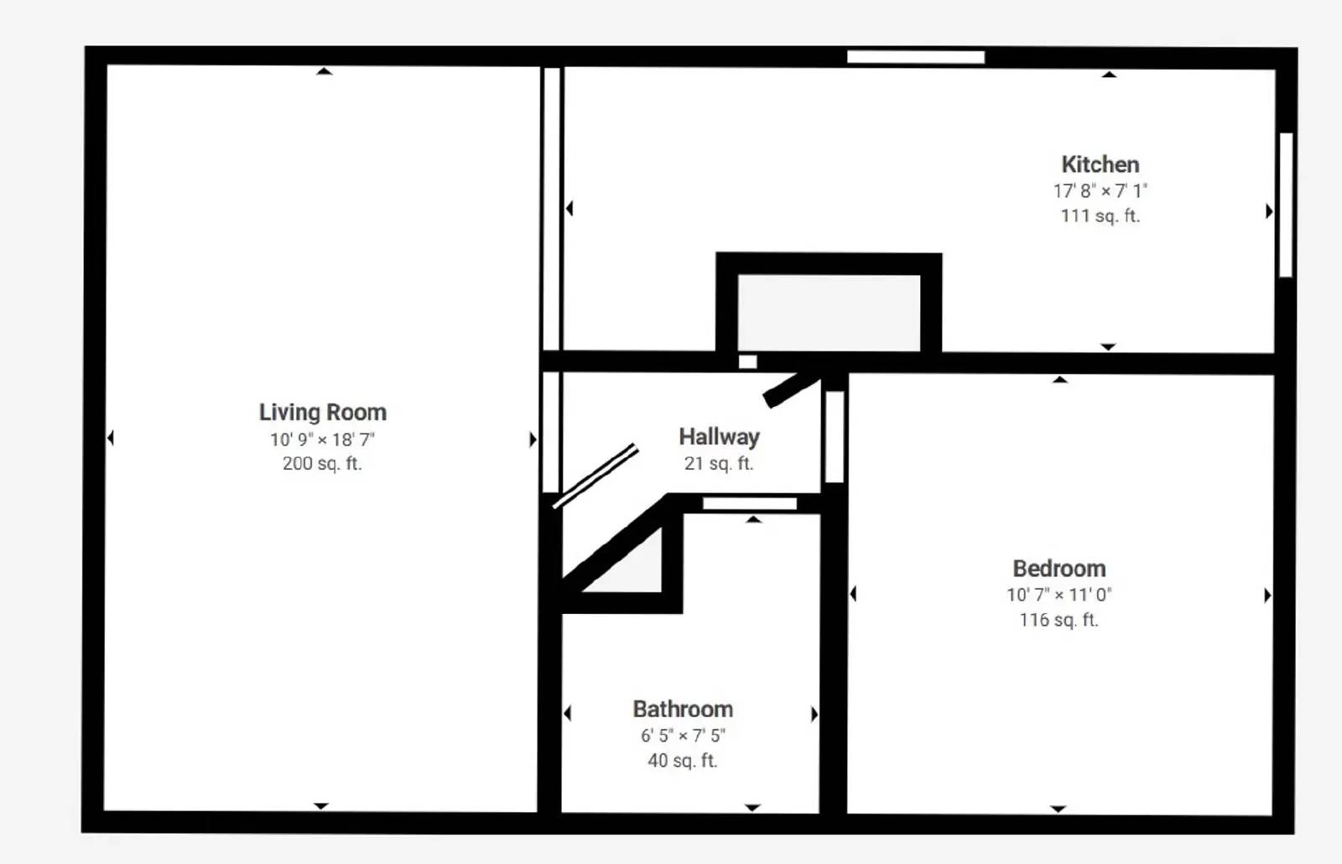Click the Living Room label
click(322, 412)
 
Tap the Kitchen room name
click(1100, 164)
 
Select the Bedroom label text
click(1059, 568)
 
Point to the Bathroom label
click(683, 709)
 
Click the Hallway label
click(719, 437)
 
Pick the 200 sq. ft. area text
click(322, 463)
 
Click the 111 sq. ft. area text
click(1100, 216)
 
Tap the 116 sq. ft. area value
click(1059, 620)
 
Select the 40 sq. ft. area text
click(683, 760)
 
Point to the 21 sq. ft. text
click(719, 463)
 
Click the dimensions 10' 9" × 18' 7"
click(322, 440)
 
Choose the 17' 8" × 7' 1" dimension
click(1100, 190)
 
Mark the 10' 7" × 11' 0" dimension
click(1059, 595)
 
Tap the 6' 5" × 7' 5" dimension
click(683, 735)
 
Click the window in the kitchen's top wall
click(915, 57)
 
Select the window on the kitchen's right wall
click(1286, 205)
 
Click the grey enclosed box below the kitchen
click(829, 313)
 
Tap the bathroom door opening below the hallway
click(750, 503)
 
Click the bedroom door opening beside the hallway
click(835, 437)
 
